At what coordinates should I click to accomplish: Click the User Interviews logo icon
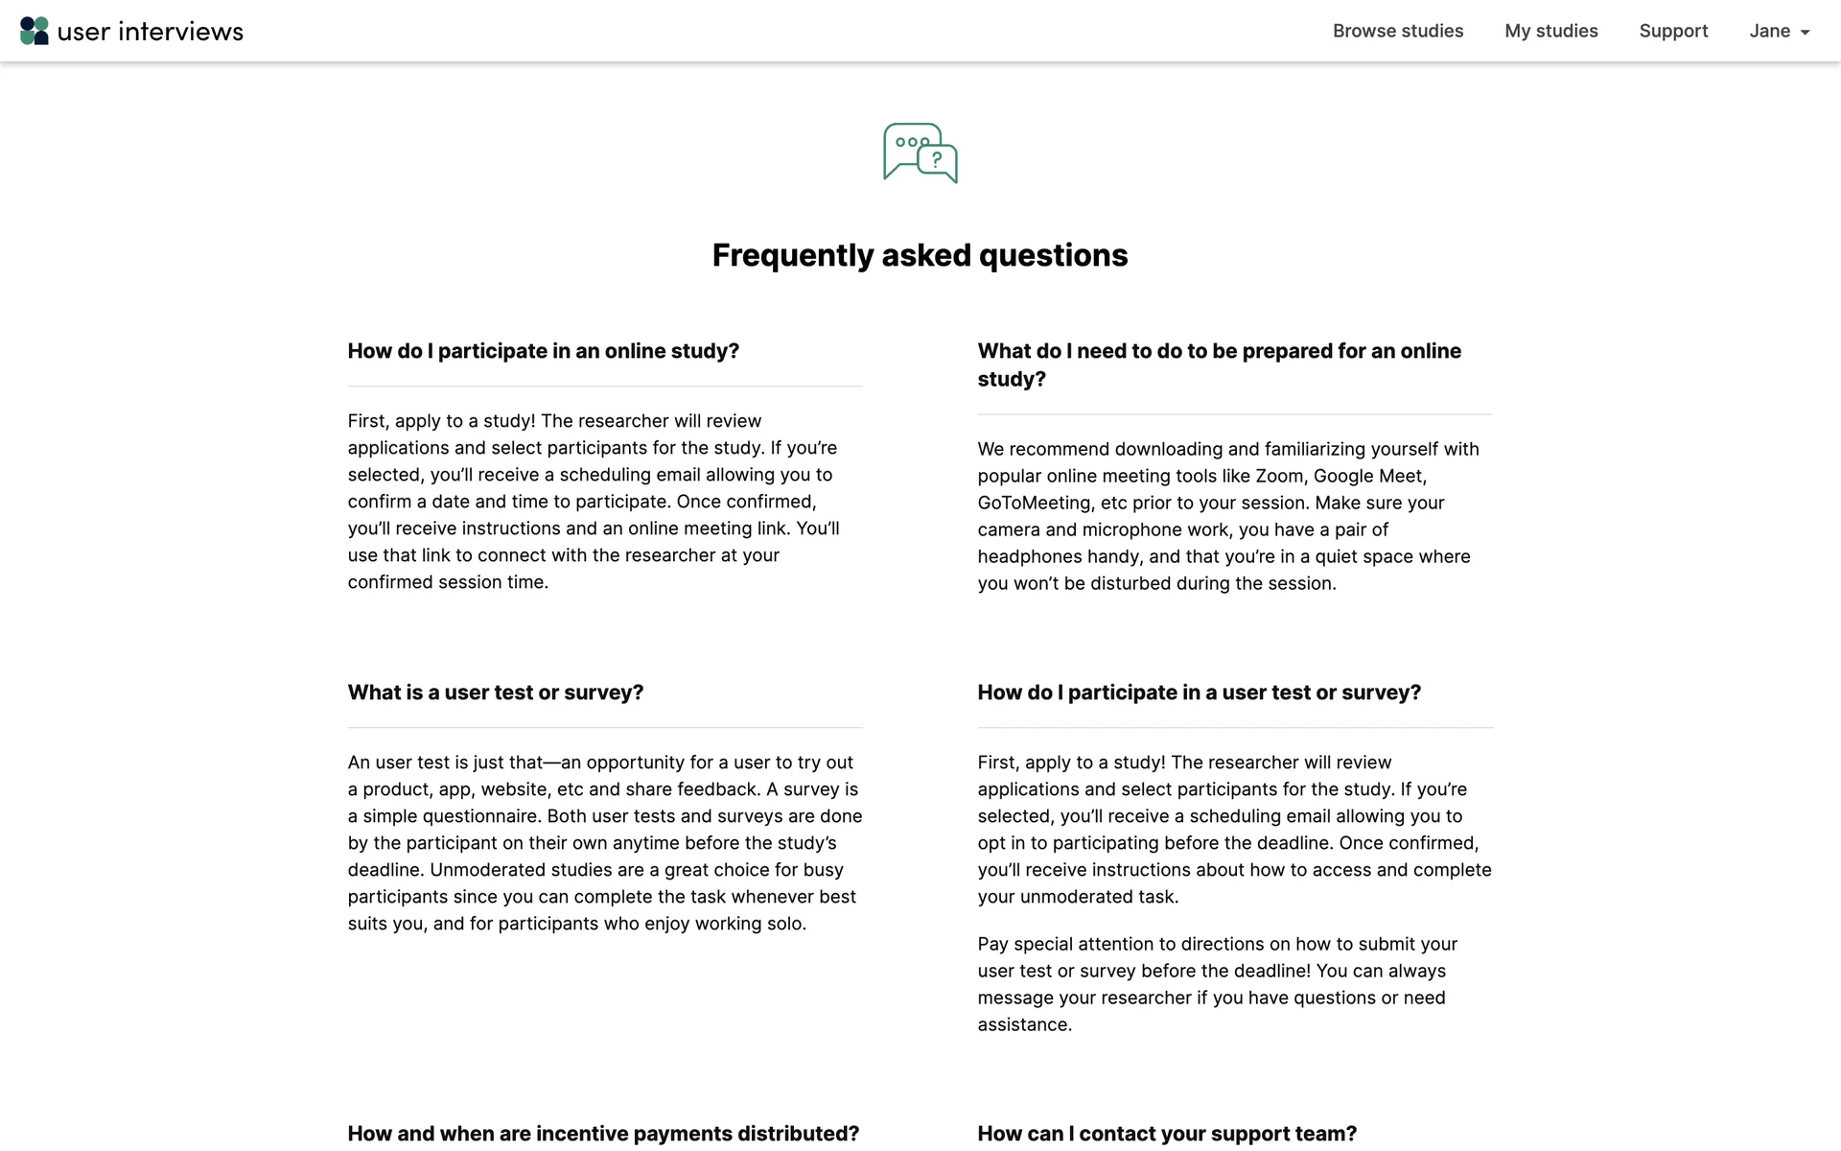click(35, 31)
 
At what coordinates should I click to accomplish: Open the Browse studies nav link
click(1397, 31)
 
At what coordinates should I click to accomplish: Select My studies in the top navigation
click(1550, 31)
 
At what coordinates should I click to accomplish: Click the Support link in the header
click(1673, 31)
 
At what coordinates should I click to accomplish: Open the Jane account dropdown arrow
click(1805, 33)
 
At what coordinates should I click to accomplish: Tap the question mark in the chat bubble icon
click(937, 160)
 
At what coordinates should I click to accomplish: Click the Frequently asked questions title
click(920, 255)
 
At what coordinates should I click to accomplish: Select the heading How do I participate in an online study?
click(543, 351)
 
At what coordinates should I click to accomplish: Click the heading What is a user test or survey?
click(495, 693)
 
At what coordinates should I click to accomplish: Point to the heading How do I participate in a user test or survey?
click(1199, 693)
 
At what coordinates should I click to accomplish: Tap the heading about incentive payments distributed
click(603, 1134)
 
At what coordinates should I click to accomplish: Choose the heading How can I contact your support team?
click(1167, 1134)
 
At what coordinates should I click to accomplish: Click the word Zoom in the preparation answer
click(1279, 476)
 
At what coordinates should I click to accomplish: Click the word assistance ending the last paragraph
click(1023, 1024)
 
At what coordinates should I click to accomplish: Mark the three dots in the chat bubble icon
click(912, 142)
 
